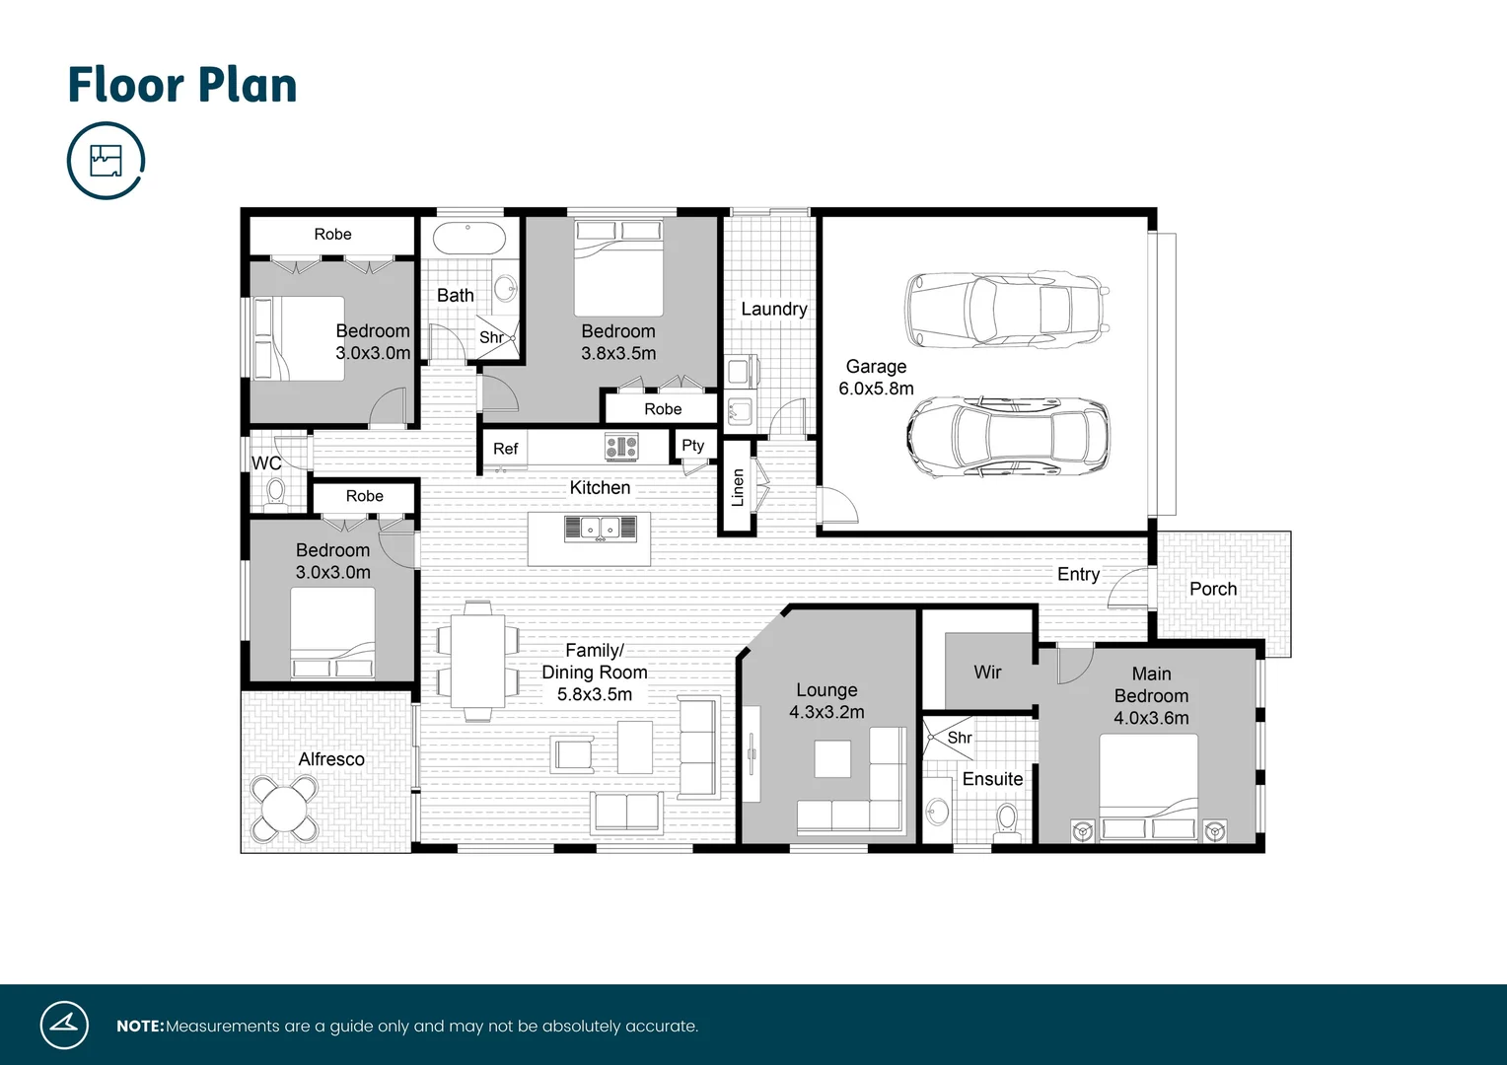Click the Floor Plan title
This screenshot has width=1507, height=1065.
[182, 85]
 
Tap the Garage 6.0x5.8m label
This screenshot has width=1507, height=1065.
[876, 378]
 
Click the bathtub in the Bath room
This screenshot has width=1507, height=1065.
[469, 240]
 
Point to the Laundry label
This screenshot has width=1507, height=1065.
[773, 309]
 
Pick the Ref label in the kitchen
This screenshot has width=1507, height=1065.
[505, 449]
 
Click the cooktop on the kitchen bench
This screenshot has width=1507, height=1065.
[621, 448]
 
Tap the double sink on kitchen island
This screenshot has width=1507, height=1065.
[600, 529]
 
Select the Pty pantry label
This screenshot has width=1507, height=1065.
[692, 446]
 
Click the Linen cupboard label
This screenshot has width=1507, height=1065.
[737, 488]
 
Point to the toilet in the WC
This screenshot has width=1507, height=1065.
[276, 490]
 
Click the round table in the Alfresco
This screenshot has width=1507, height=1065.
[284, 809]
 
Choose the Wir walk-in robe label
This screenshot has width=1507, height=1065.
[987, 672]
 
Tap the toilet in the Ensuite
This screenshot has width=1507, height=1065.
[1007, 818]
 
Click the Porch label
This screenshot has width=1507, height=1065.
[1212, 589]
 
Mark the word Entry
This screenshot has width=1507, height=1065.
[1078, 574]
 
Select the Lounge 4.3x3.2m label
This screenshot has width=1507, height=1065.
[826, 701]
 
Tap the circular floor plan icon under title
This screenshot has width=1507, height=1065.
[106, 161]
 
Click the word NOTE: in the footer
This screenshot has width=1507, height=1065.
[140, 1026]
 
